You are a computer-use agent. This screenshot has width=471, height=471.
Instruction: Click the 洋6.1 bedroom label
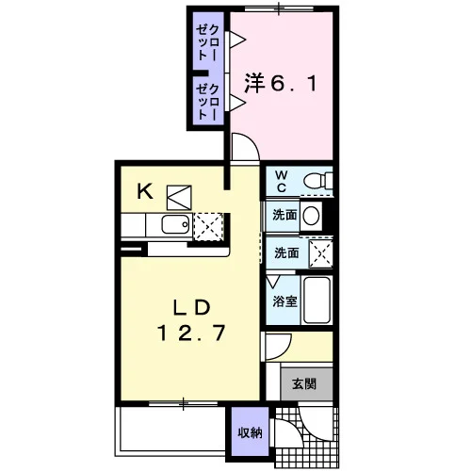pos(281,83)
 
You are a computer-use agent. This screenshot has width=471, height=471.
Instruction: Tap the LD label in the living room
pos(192,307)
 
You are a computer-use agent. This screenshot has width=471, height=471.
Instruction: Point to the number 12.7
pos(191,333)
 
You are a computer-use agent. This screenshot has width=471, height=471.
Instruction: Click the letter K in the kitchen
pos(145,191)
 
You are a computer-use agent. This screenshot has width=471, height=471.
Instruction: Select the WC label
pos(282,181)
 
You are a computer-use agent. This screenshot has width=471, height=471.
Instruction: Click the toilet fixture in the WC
pos(318,181)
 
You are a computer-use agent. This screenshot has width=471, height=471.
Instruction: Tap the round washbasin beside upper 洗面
pos(311,216)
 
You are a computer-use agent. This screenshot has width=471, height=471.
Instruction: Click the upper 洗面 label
pos(284,215)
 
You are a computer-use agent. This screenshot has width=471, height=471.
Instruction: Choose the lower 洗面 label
pos(286,252)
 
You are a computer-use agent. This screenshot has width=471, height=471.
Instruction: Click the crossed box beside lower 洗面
pos(320,253)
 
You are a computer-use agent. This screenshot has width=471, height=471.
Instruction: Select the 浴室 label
pos(284,301)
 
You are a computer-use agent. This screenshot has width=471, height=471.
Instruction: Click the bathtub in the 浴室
pos(317,300)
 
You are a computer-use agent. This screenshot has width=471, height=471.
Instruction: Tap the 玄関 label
pos(304,383)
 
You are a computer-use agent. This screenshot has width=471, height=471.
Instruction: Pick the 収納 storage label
pos(250,433)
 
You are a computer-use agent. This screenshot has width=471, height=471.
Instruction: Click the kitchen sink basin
pos(175,224)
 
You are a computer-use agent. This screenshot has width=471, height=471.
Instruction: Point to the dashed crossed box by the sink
pos(208,226)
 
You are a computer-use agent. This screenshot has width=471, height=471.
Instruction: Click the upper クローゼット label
pos(207,42)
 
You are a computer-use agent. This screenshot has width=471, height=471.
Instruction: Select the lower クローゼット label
pos(207,102)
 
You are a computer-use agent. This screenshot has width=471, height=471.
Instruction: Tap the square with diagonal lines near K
pos(179,198)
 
